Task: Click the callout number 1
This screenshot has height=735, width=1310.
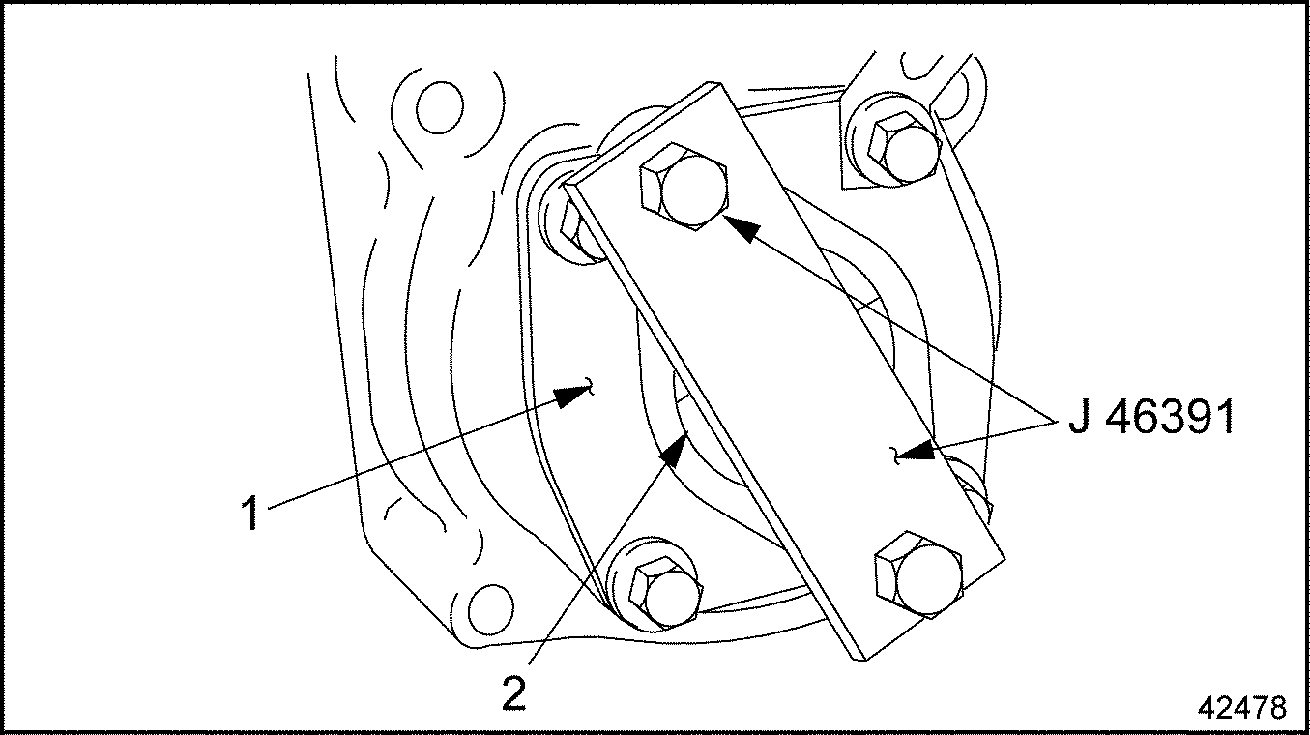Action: (x=250, y=513)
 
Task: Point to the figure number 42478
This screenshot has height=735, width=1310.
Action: (x=1241, y=708)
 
